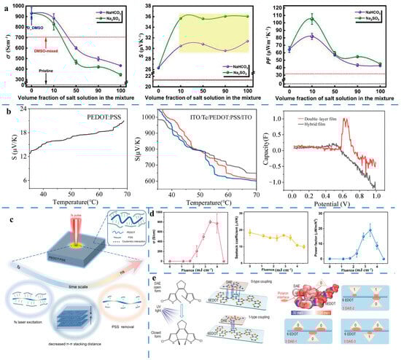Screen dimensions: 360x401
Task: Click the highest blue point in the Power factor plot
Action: (370, 230)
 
